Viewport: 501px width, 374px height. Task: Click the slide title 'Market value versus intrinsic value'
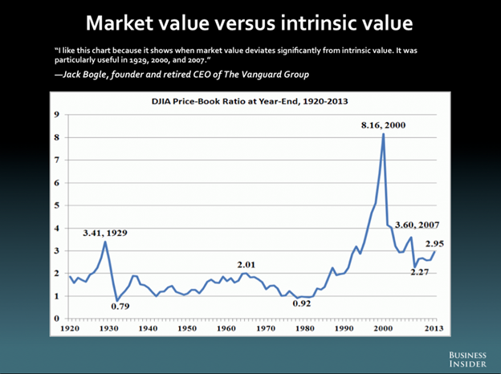(250, 22)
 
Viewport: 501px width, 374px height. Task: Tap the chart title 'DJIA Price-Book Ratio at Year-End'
(250, 101)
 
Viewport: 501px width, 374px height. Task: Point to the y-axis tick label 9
(56, 115)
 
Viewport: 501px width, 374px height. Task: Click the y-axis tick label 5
(56, 205)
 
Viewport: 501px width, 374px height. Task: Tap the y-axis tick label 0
(56, 319)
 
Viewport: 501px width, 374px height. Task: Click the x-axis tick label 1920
(70, 329)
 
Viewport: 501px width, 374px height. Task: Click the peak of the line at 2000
(383, 134)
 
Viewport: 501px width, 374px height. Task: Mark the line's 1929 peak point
(105, 242)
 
